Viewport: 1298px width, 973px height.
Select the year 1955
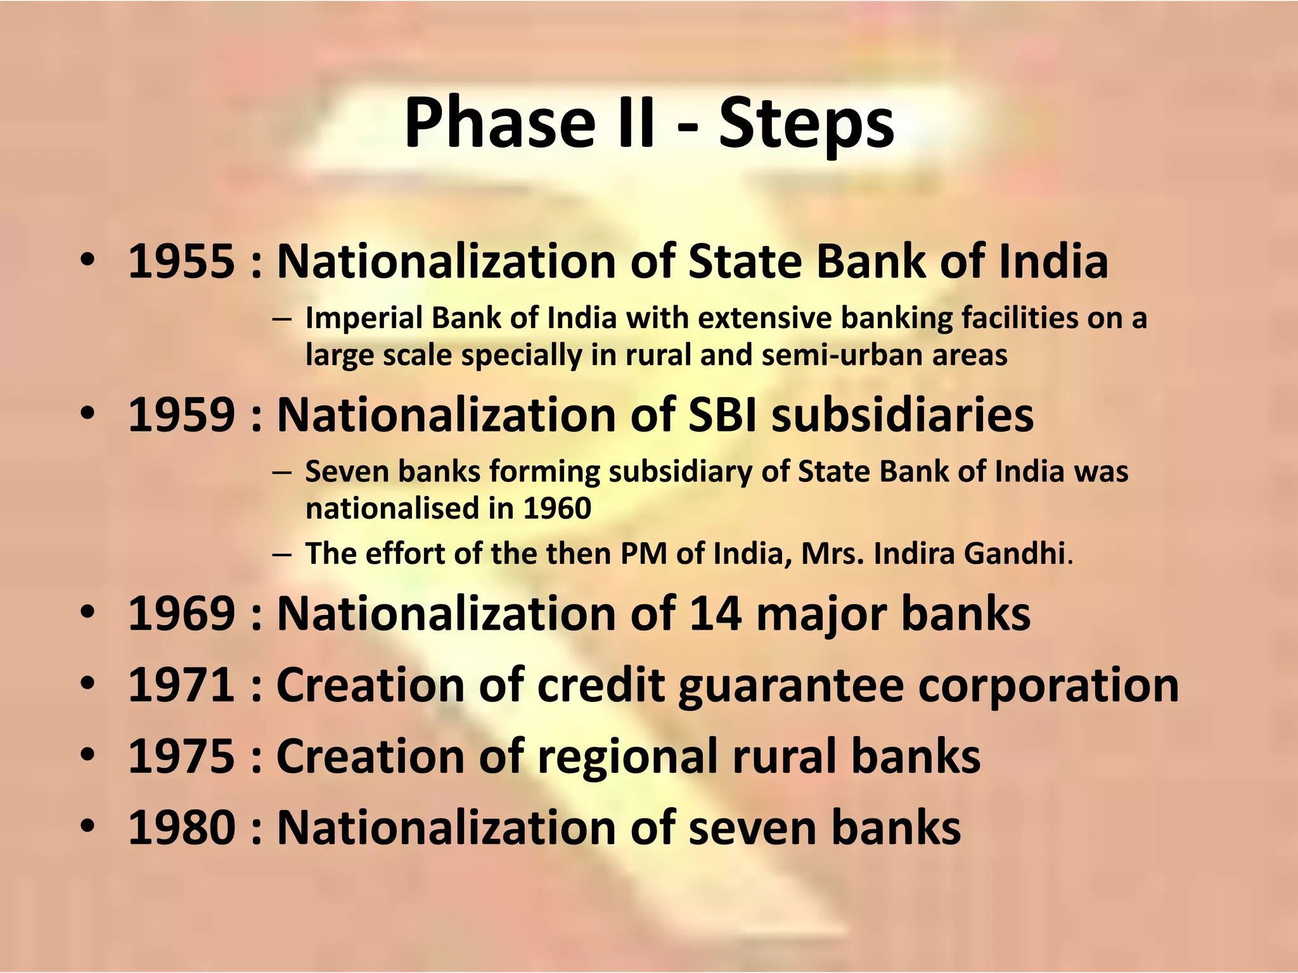[x=181, y=261]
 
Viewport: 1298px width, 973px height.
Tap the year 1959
[x=181, y=415]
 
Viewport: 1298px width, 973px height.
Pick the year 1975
[x=181, y=756]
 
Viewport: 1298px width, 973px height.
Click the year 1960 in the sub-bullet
[x=557, y=509]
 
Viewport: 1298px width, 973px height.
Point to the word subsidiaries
[x=903, y=415]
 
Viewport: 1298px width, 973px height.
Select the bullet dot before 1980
[x=88, y=827]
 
